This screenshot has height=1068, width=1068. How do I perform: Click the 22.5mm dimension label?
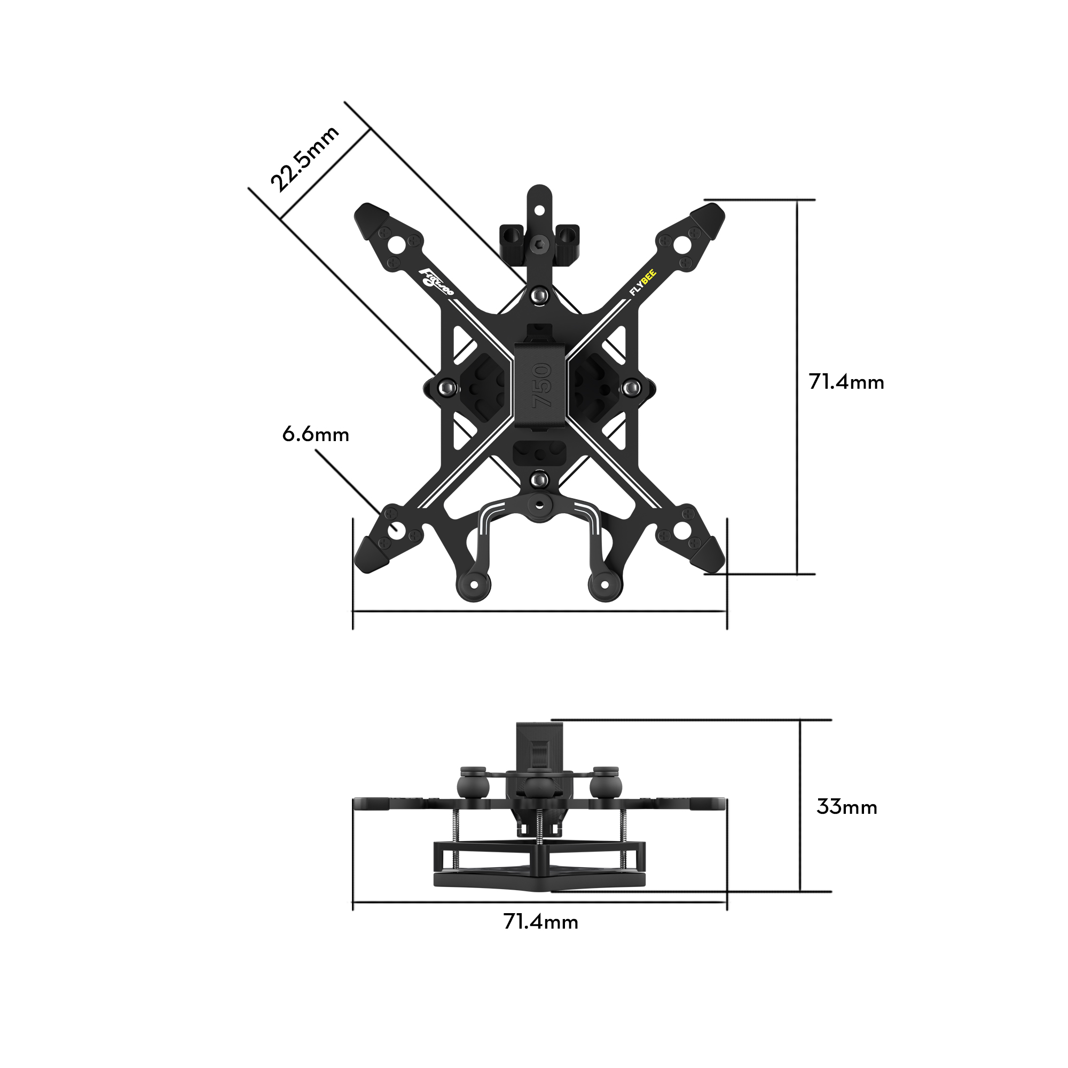(x=304, y=159)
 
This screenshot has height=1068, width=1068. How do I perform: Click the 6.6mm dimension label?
(x=316, y=435)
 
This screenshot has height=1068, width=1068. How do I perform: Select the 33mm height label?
(x=847, y=807)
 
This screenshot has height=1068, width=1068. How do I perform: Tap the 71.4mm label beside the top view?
(x=846, y=382)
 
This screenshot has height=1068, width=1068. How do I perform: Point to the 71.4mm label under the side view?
(x=540, y=923)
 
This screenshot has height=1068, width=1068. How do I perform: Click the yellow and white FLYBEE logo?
(x=643, y=282)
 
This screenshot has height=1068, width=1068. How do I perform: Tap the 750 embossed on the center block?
(x=541, y=386)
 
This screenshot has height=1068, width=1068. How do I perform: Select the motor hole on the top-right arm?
(x=682, y=245)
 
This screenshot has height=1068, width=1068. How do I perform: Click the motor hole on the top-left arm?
(x=396, y=245)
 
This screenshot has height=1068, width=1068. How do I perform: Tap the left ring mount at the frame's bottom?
(x=474, y=585)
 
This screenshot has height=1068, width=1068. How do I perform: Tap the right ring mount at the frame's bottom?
(x=605, y=585)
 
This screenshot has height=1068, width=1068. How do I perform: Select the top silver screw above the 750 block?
(x=539, y=296)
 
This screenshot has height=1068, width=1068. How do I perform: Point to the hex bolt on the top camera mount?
(x=539, y=246)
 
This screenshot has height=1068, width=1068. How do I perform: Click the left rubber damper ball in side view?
(x=473, y=787)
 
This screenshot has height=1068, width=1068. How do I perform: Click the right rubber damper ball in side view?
(x=606, y=787)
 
